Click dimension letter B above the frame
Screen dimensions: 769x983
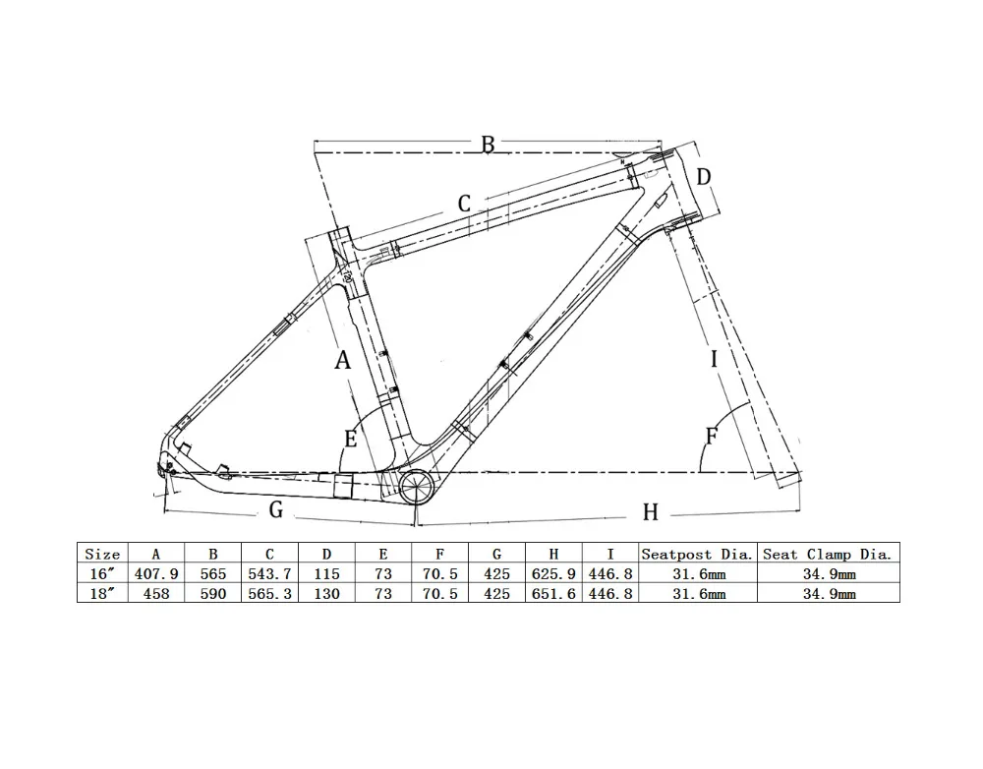[488, 145]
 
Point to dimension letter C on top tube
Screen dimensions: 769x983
[465, 205]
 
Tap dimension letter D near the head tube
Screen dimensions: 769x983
[704, 177]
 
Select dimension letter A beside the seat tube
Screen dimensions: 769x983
[342, 361]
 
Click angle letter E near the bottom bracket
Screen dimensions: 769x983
[351, 440]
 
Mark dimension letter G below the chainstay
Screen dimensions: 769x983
[276, 509]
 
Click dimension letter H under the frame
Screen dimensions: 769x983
[650, 512]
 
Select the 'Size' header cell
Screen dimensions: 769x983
[102, 555]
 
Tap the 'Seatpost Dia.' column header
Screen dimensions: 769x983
[697, 555]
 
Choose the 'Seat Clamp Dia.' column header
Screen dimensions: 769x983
[828, 555]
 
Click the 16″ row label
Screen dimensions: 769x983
[102, 574]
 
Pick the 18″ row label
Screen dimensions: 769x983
[102, 594]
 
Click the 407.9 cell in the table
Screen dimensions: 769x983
[157, 574]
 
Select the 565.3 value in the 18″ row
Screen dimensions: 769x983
[270, 594]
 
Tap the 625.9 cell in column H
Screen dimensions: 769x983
[553, 574]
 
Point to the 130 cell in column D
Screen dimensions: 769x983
[327, 594]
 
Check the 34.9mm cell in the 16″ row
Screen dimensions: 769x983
[828, 574]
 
